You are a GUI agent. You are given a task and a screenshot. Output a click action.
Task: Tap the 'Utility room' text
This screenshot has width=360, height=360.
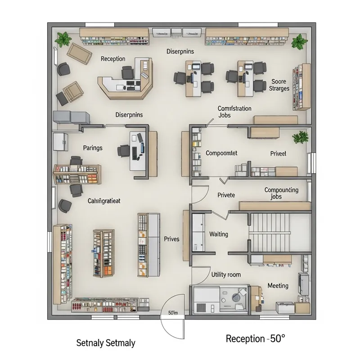(226, 274)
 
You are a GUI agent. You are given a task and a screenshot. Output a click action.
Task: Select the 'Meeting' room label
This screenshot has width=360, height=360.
(278, 286)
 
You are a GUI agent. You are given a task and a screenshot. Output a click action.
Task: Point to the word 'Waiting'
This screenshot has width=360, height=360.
(219, 234)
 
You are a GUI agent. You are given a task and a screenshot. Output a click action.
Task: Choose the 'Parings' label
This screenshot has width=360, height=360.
(93, 148)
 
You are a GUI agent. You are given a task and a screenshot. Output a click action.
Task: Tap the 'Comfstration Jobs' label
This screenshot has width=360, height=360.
(234, 112)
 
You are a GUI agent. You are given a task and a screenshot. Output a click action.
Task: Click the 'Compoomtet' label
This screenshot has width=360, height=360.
(221, 153)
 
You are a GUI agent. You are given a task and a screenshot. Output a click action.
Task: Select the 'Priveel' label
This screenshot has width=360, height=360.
(278, 153)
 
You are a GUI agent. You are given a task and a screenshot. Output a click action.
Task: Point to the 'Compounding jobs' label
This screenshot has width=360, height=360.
(281, 193)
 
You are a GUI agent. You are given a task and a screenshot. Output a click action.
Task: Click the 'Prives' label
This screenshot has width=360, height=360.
(171, 239)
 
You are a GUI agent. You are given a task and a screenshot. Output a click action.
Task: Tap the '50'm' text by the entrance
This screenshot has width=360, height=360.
(173, 313)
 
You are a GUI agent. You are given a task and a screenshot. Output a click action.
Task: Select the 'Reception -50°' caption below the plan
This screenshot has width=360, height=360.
(255, 339)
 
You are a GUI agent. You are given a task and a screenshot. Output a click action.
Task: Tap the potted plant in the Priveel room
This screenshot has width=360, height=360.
(299, 137)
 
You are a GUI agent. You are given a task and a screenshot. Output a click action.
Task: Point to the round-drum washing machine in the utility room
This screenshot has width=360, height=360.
(235, 297)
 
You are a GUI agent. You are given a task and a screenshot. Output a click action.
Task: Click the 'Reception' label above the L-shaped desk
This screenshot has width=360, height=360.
(113, 59)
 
